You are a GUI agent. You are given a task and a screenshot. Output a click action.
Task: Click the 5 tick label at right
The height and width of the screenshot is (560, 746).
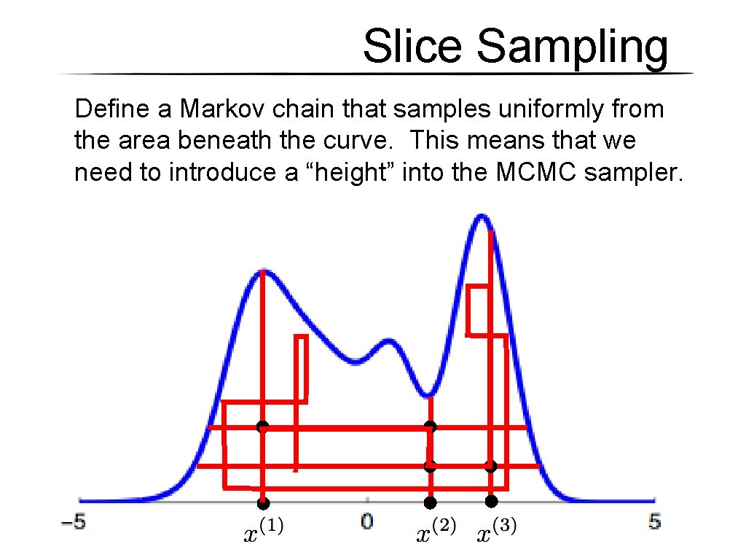tap(654, 522)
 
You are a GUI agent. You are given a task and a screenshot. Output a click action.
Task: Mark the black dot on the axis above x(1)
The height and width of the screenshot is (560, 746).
tap(263, 503)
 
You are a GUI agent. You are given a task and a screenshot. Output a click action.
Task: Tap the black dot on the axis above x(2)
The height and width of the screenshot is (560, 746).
tap(431, 502)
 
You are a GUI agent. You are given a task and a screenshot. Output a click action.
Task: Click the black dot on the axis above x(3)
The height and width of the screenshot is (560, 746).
tap(491, 501)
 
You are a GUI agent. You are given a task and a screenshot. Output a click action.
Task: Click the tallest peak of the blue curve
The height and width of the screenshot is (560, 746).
tap(481, 216)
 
